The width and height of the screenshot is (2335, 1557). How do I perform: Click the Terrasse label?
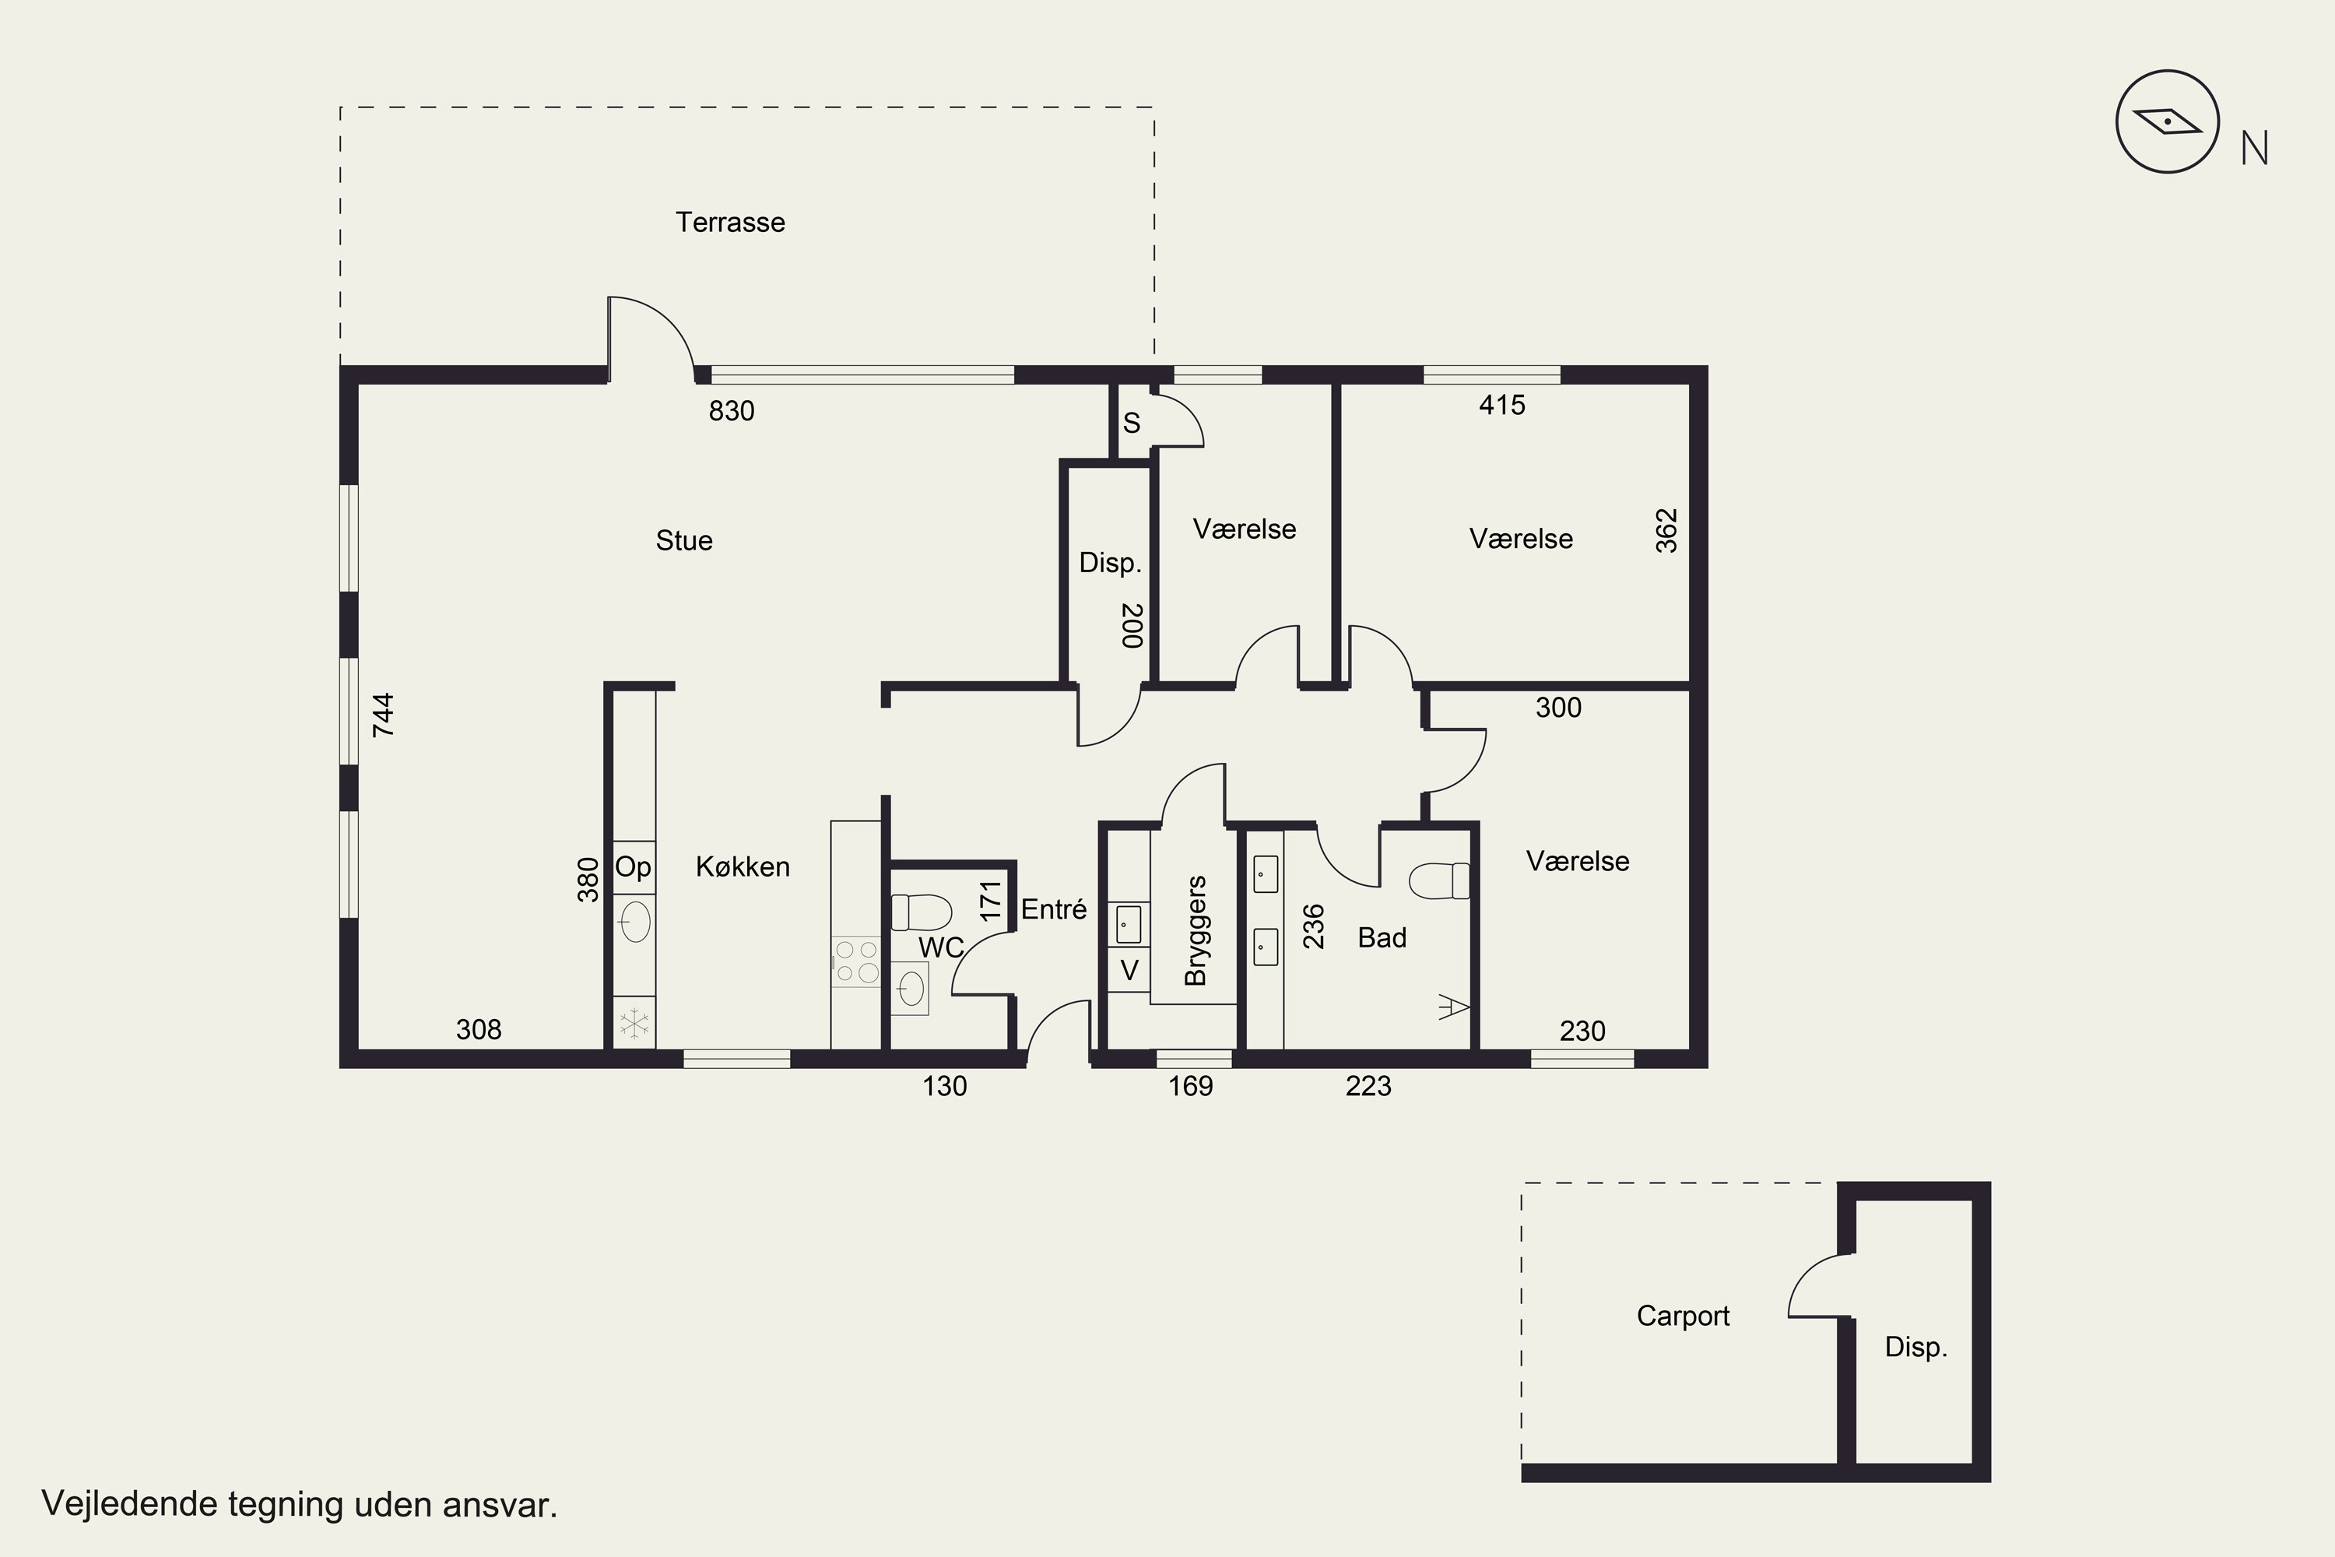(x=730, y=223)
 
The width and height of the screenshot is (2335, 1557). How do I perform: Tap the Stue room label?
(x=684, y=540)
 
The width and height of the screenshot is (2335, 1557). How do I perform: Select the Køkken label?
(x=743, y=867)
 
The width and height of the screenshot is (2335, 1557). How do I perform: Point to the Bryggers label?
(x=1196, y=930)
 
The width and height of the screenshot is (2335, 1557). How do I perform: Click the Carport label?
(x=1683, y=1316)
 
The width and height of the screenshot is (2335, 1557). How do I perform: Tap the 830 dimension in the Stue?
(x=732, y=411)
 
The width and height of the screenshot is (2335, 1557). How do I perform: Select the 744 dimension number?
(x=383, y=715)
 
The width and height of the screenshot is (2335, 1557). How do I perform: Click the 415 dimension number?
(x=1502, y=405)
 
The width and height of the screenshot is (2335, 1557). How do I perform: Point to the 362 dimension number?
(x=1667, y=530)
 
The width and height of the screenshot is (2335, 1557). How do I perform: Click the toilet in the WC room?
(x=922, y=912)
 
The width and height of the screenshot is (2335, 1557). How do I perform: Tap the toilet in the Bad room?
(x=1439, y=880)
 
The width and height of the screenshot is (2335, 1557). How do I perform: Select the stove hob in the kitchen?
(x=855, y=961)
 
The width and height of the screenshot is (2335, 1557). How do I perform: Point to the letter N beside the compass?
(x=2255, y=149)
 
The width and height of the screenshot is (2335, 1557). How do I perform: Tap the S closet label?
(x=1131, y=423)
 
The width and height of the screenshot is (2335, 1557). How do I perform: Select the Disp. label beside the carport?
(x=1916, y=1347)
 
